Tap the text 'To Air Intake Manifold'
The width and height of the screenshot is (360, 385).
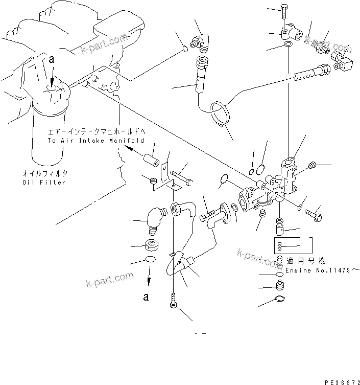95,140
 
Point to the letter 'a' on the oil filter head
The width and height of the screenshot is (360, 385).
51,60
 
